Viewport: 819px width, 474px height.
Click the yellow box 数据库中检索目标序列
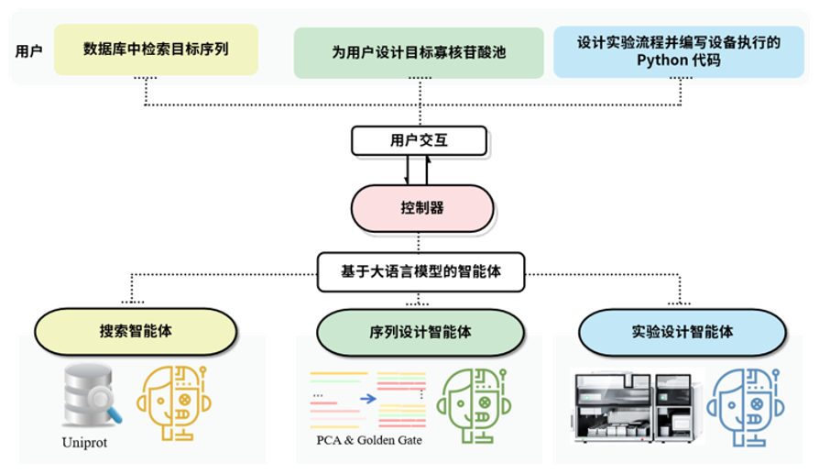pos(156,50)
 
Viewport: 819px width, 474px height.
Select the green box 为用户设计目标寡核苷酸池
pos(418,52)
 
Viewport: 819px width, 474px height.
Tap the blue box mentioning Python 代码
pos(678,51)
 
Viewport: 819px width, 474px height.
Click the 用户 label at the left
pos(28,51)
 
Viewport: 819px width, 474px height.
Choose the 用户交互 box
pos(420,140)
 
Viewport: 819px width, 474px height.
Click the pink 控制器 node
pos(422,208)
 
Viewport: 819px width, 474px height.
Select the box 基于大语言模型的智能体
pos(420,271)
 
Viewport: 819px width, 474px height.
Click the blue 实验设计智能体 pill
pos(682,332)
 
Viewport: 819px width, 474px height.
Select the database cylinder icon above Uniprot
pos(88,394)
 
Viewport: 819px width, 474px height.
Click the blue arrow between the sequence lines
pos(367,398)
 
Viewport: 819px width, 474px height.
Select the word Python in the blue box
pos(658,61)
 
